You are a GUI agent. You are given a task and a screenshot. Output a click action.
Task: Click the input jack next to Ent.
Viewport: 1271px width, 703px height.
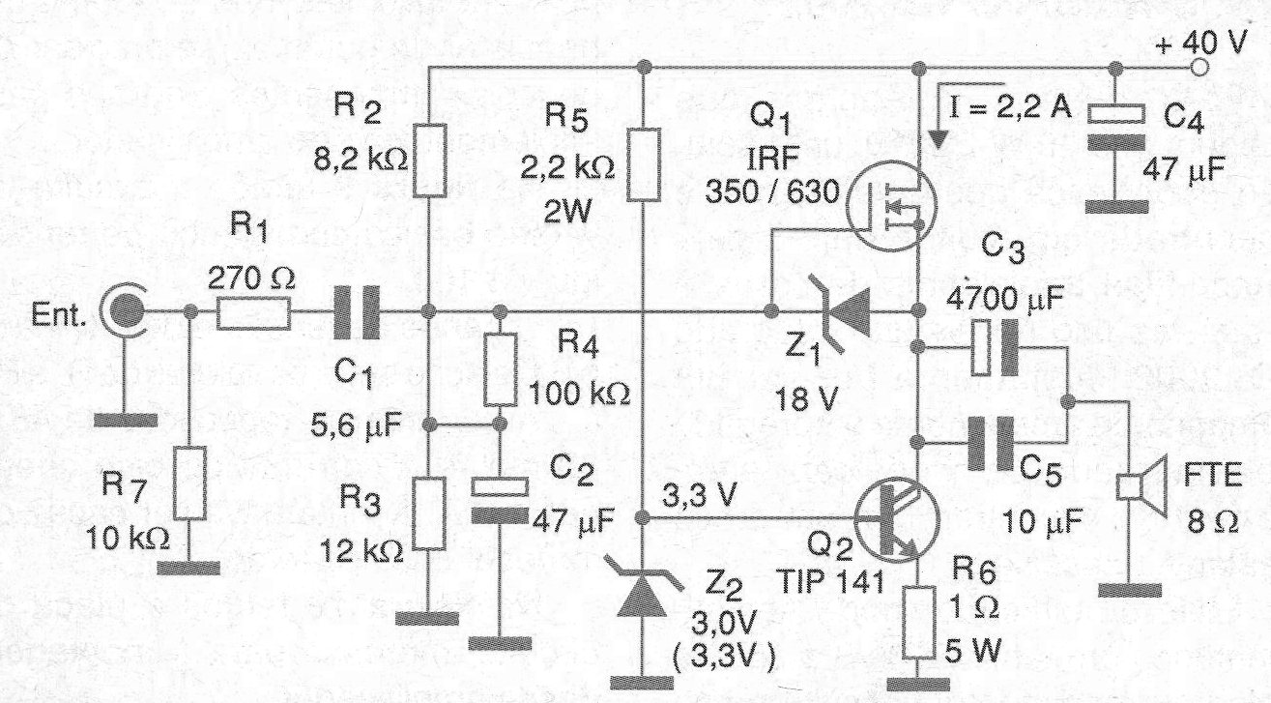coord(127,311)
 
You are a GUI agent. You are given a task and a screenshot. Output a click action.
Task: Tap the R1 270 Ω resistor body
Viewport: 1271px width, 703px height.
coord(252,312)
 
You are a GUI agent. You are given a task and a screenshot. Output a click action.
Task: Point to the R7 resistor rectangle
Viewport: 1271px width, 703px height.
coord(189,482)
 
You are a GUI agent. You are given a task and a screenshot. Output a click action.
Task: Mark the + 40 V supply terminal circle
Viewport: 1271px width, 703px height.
coord(1199,68)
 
